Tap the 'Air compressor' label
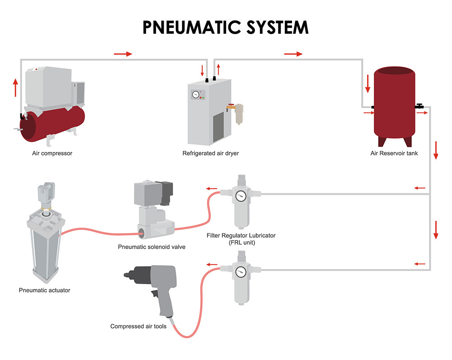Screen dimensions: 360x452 tap(52, 153)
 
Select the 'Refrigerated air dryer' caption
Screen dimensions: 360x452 tap(211, 153)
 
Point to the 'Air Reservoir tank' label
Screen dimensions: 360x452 tap(394, 153)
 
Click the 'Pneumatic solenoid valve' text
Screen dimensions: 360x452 tap(152, 247)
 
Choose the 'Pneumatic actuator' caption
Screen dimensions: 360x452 tap(45, 290)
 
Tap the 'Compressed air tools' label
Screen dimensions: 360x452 tap(138, 326)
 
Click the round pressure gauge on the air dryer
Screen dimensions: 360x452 tap(195, 95)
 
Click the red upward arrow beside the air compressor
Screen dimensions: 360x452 tap(16, 88)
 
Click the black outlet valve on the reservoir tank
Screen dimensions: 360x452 tap(419, 107)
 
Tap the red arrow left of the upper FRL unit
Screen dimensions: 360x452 tap(212, 189)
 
